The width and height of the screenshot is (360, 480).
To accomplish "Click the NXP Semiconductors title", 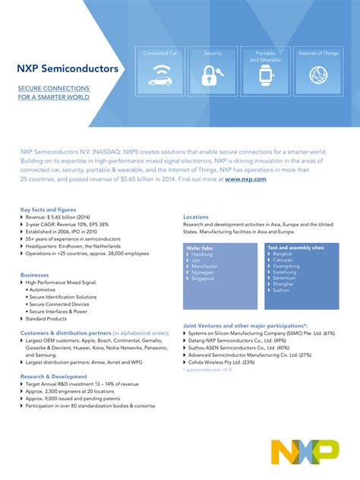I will point(68,68).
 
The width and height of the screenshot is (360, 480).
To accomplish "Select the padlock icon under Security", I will point(212,75).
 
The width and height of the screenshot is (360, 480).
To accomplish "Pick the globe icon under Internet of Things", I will point(317,75).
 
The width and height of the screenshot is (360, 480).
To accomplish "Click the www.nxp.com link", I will point(245,179).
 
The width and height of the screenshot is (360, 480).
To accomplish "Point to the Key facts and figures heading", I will point(48,209).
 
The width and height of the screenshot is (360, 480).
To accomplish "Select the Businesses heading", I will point(35,274).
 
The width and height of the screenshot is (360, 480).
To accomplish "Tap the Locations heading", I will point(196,216).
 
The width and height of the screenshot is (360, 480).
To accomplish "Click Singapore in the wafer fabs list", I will point(204,279).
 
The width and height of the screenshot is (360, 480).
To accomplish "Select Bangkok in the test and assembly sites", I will point(283,254).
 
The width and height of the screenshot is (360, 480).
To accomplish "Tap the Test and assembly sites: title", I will point(296,247).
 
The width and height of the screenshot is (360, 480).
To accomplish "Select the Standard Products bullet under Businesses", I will point(46,318).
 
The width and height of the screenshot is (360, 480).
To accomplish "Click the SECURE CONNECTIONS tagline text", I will point(54,88).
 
